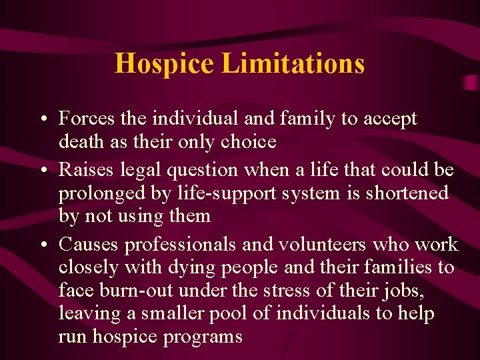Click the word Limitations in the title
coord(293,64)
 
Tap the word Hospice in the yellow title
coord(165,64)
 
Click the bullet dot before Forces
coord(42,119)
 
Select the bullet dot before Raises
coord(42,171)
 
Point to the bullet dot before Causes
coord(42,245)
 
